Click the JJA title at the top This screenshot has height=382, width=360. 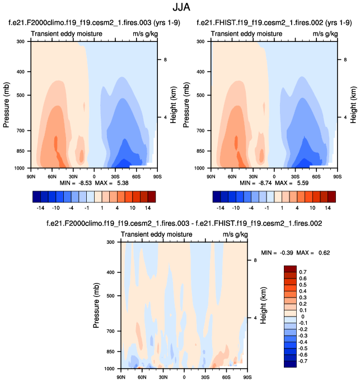(180, 8)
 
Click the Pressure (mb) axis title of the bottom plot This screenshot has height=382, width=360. (95, 305)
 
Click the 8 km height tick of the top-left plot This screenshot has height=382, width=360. (164, 59)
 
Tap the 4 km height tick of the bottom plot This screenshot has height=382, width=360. (254, 318)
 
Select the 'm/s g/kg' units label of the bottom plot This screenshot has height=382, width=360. (235, 234)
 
